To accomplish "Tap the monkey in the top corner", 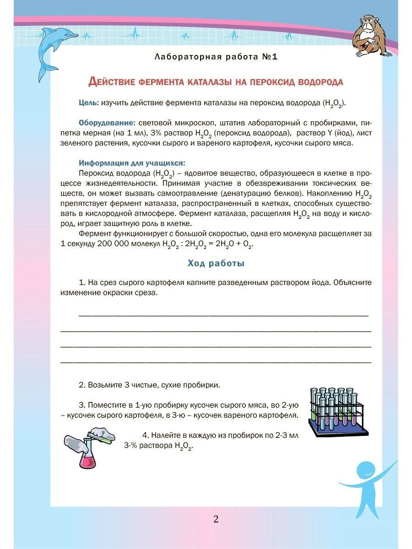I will pos(372,37).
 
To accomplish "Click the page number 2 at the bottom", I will pos(216,519).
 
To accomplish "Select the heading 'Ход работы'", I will pos(216,263).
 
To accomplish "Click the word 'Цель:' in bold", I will pos(88,102).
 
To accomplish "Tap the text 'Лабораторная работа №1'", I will pos(216,57).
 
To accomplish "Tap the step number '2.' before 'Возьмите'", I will pos(82,385).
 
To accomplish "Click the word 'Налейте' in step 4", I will pos(165,435).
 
